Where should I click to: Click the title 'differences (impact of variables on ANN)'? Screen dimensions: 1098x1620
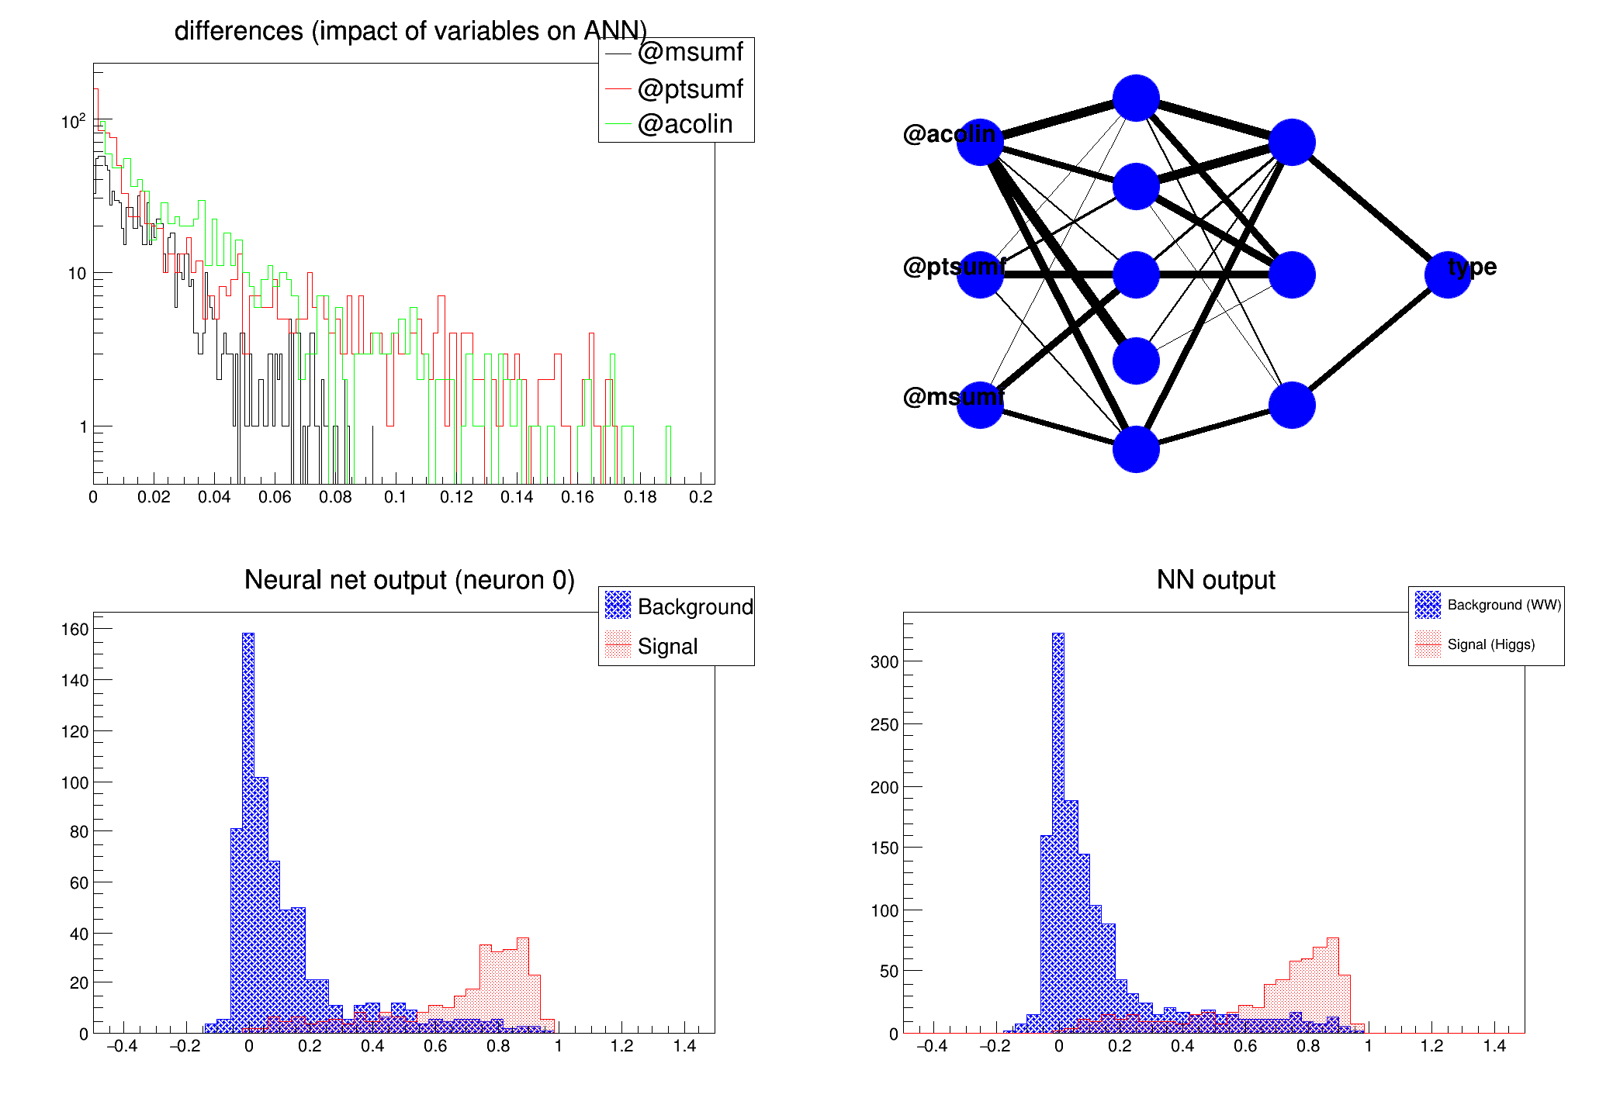pyautogui.click(x=410, y=31)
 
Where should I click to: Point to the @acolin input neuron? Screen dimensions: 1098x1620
pyautogui.click(x=980, y=143)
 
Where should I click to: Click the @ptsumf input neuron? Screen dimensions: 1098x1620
pyautogui.click(x=980, y=274)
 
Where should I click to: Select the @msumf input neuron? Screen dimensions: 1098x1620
pyautogui.click(x=980, y=405)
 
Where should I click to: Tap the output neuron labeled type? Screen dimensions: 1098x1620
pyautogui.click(x=1448, y=274)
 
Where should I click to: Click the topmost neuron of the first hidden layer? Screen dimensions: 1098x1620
pyautogui.click(x=1136, y=98)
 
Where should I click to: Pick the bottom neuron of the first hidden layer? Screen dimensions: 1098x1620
pyautogui.click(x=1136, y=449)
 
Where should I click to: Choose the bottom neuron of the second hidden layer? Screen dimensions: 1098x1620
pyautogui.click(x=1292, y=405)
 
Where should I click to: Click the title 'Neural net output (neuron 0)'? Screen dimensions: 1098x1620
pyautogui.click(x=410, y=580)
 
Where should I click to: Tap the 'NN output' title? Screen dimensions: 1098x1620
pyautogui.click(x=1216, y=580)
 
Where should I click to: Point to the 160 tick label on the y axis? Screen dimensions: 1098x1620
pyautogui.click(x=75, y=629)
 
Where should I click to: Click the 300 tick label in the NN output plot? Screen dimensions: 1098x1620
pyautogui.click(x=884, y=661)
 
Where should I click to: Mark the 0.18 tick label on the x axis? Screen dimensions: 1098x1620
pyautogui.click(x=640, y=497)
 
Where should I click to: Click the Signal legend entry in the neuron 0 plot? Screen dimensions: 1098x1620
pyautogui.click(x=667, y=646)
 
